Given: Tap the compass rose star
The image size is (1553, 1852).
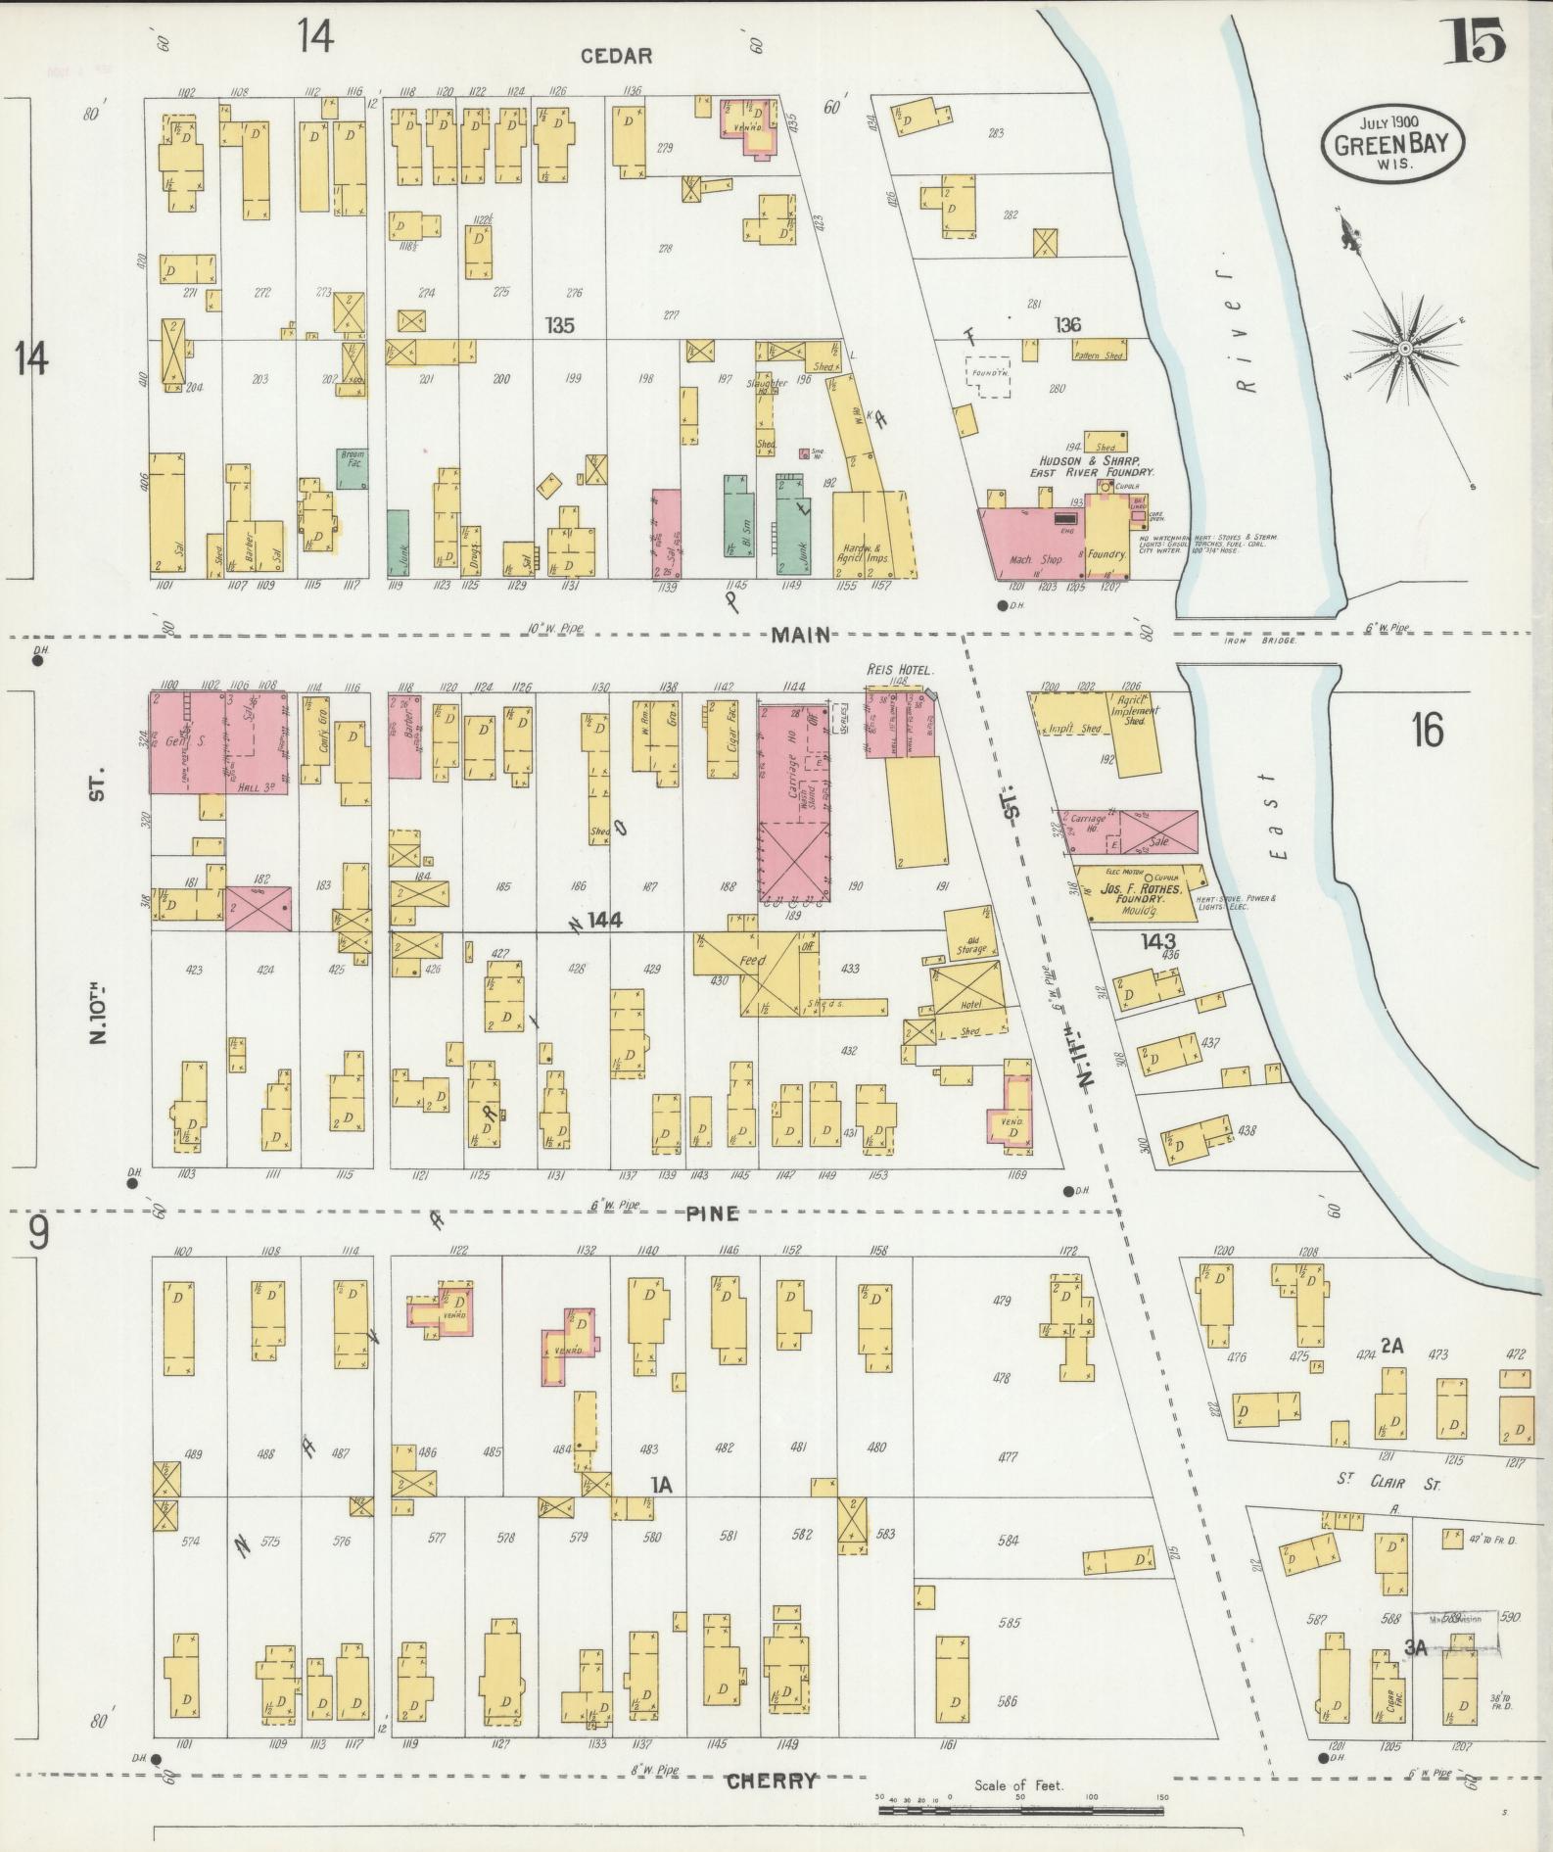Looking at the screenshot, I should [x=1405, y=348].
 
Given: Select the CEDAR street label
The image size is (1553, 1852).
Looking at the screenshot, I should [x=616, y=57].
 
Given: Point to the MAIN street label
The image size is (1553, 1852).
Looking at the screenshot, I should [x=801, y=636].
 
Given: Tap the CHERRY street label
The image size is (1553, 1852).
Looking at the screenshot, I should [x=772, y=1781].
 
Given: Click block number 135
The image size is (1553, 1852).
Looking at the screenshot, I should [x=560, y=325].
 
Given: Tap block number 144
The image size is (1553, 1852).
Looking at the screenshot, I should [x=605, y=920].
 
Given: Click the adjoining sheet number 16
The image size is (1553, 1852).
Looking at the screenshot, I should [x=1428, y=730].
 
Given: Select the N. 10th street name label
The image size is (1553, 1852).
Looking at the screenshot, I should [x=99, y=1008].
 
